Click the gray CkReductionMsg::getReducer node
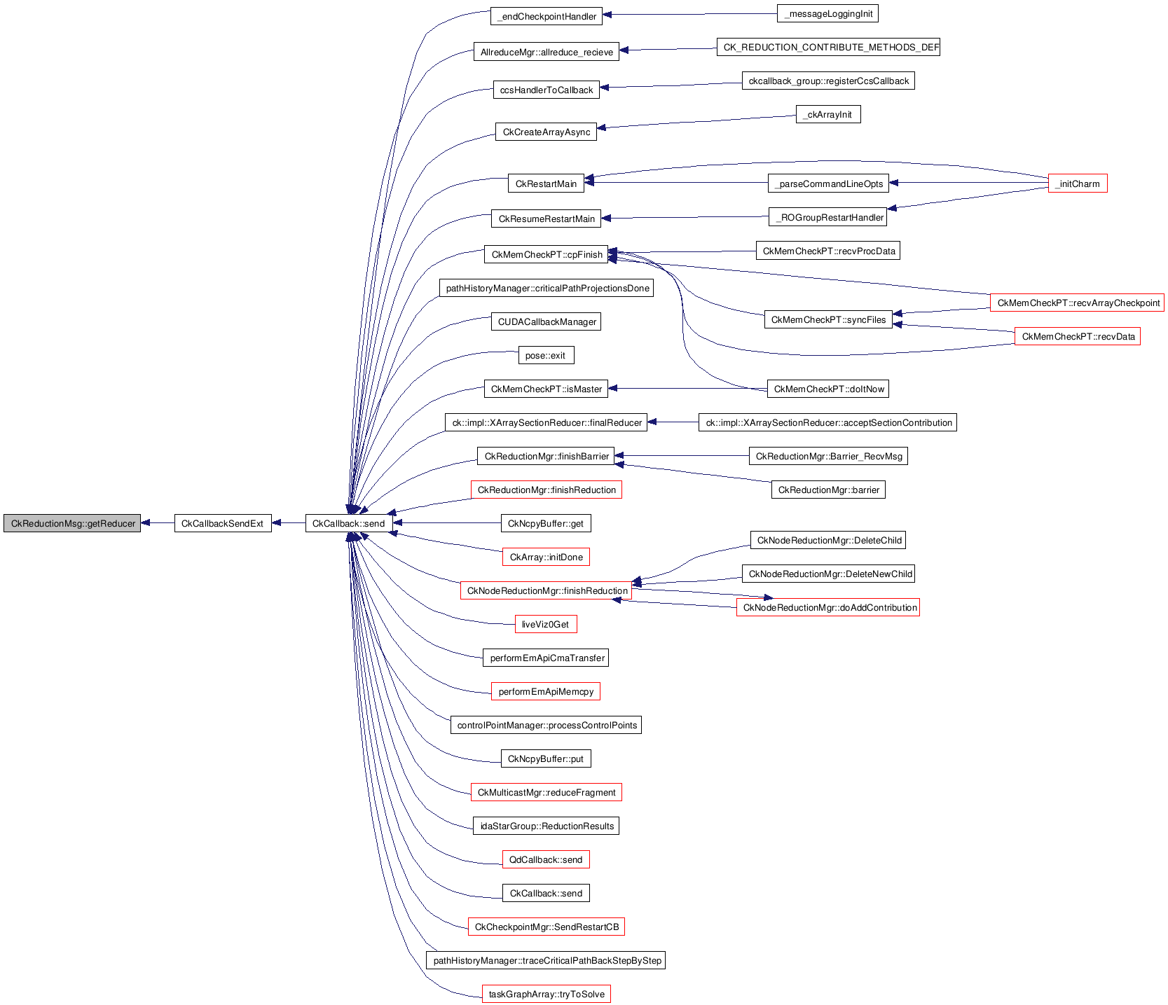tap(72, 523)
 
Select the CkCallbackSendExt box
tap(222, 523)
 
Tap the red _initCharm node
tap(1077, 183)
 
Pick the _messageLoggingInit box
tap(827, 13)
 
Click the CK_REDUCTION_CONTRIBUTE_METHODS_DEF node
tap(827, 47)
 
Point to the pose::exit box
tap(545, 355)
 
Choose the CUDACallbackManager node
tap(547, 321)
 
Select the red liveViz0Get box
tap(545, 624)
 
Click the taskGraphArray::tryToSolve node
tap(546, 994)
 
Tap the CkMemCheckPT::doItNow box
tap(828, 389)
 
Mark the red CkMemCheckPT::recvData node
tap(1078, 336)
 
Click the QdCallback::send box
tap(545, 859)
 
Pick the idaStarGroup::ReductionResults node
tap(547, 826)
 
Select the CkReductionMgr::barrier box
tap(828, 490)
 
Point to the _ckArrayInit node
tap(827, 114)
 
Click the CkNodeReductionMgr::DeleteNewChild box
tap(830, 574)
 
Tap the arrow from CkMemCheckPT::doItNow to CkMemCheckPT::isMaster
tap(687, 389)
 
